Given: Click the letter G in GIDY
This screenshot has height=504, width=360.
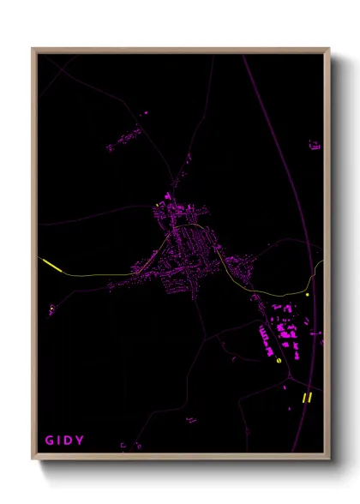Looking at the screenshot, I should point(48,441).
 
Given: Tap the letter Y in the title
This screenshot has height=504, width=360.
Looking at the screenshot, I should point(81,441).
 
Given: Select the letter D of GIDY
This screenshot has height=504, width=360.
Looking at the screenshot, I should point(70,441).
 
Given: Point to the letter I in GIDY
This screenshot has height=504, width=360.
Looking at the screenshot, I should point(59,441).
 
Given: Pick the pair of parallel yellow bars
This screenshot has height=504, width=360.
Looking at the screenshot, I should point(306,397).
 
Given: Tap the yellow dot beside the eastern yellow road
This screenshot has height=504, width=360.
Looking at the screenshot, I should point(306,295).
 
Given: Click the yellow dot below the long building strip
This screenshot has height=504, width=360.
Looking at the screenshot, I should point(280,363).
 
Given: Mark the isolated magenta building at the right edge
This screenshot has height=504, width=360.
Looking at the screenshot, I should point(315,146).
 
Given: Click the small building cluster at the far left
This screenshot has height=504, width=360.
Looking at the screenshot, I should point(51,308).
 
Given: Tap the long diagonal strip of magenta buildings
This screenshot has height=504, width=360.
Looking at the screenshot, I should point(263,339).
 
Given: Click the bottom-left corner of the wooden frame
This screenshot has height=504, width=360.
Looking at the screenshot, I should point(33,457).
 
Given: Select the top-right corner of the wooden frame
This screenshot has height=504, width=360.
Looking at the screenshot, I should point(328,50).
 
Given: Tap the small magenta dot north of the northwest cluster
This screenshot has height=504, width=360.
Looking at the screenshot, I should point(144,112).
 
